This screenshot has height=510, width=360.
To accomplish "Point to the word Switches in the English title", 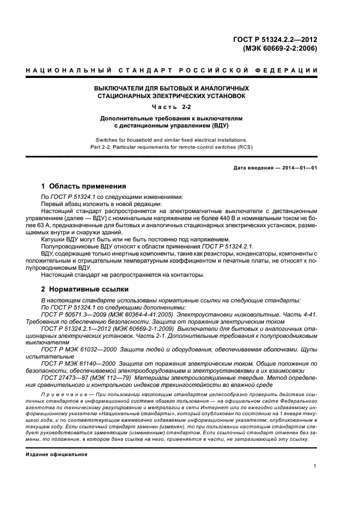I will pyautogui.click(x=106, y=139).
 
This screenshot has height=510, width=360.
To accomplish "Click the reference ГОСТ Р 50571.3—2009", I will pyautogui.click(x=75, y=315).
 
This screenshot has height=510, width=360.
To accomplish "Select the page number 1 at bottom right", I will pyautogui.click(x=315, y=466).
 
